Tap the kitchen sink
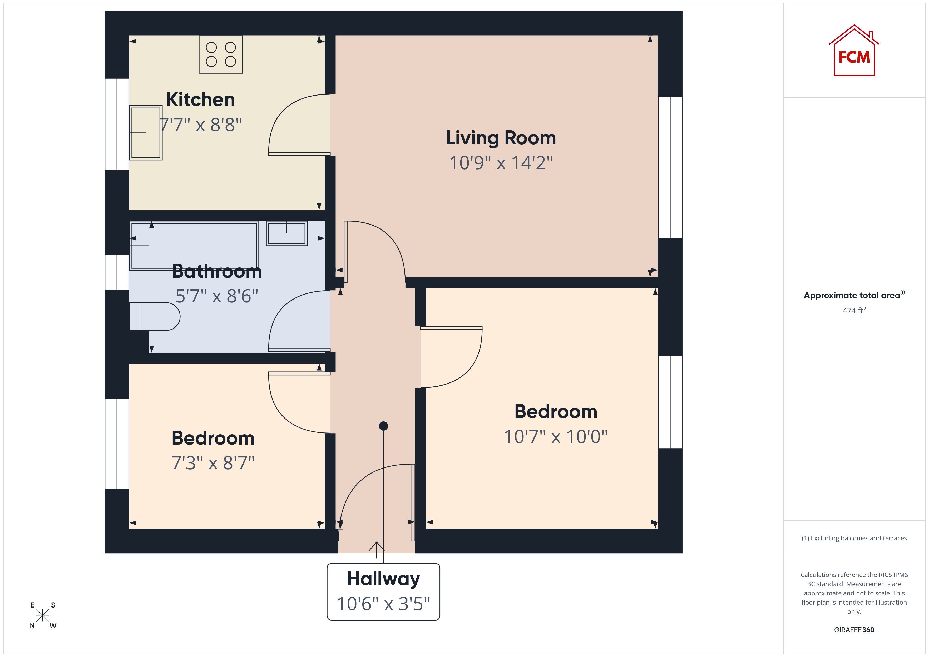(x=146, y=133)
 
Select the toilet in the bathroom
(x=155, y=316)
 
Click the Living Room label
(x=501, y=138)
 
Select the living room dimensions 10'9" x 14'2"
(x=501, y=163)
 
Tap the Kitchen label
(x=201, y=99)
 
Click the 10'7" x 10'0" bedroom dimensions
(x=556, y=437)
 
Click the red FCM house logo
(x=854, y=51)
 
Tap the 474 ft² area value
(x=854, y=311)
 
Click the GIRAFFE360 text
(x=854, y=630)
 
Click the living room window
(x=670, y=167)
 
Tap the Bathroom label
(x=217, y=271)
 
